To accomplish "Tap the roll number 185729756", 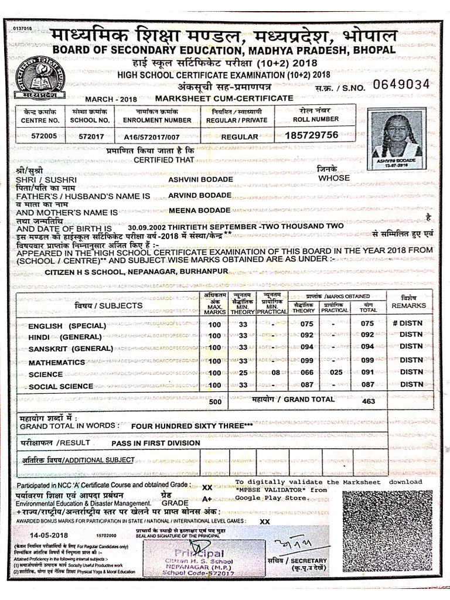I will (x=312, y=135).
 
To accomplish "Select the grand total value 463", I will (x=368, y=401).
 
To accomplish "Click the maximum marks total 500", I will (x=215, y=402).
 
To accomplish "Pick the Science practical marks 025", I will (x=335, y=372).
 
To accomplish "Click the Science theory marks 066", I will (x=307, y=372).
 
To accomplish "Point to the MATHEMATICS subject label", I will (x=57, y=363).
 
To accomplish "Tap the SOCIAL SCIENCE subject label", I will (x=61, y=387).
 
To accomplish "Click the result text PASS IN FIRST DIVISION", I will (x=156, y=443).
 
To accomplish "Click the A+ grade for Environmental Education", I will (x=207, y=499).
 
